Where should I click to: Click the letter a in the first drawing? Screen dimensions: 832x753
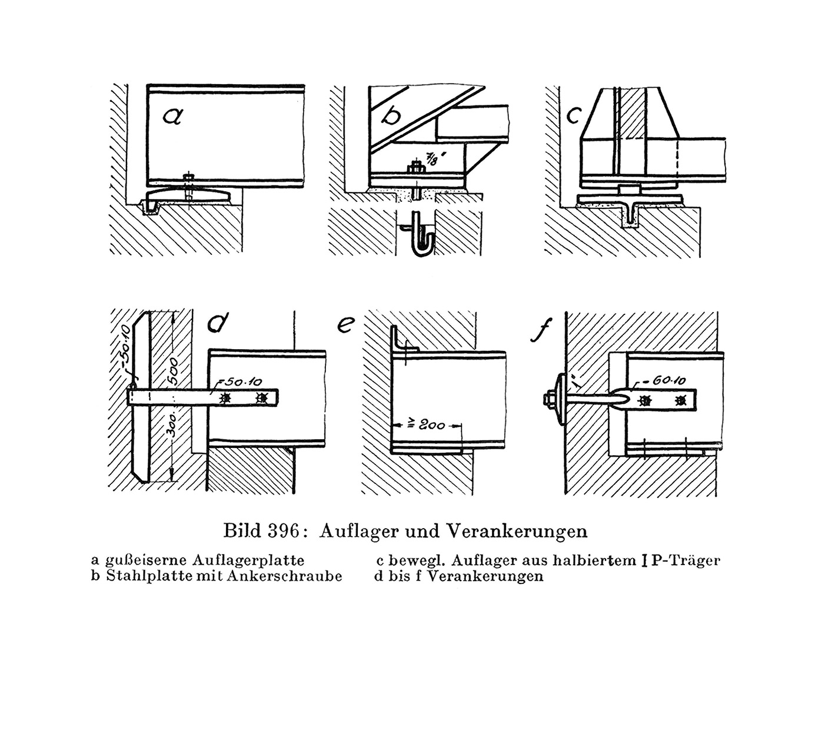coord(172,117)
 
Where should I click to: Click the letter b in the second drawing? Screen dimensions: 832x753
coord(391,113)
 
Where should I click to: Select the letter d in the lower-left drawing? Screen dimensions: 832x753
coord(218,322)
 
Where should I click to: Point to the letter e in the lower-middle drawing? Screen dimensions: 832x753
coord(346,324)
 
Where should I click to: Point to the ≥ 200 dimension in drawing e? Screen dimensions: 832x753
coord(427,424)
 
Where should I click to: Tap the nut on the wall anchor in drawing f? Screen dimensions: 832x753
coord(549,399)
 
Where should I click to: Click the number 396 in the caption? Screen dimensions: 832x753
coord(283,531)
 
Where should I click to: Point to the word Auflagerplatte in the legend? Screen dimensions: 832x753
coord(248,561)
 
